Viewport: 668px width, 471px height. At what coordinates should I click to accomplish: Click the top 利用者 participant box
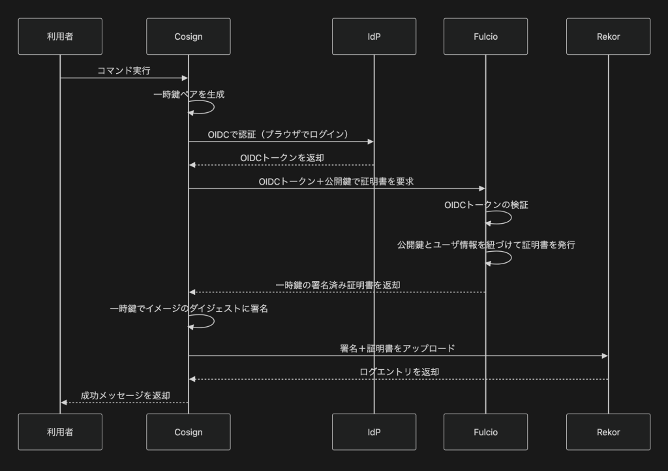pyautogui.click(x=60, y=37)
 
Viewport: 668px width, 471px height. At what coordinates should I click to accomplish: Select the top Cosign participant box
pyautogui.click(x=189, y=37)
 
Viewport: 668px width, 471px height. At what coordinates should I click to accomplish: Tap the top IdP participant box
pyautogui.click(x=374, y=37)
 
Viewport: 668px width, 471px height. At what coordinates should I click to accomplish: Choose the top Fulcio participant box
pyautogui.click(x=485, y=37)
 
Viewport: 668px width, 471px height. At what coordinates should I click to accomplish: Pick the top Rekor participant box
pyautogui.click(x=608, y=37)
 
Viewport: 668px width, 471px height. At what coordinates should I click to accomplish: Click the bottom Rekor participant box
pyautogui.click(x=608, y=432)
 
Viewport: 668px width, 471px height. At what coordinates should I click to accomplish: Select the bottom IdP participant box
pyautogui.click(x=374, y=432)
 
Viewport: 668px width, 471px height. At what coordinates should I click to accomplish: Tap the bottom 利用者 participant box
pyautogui.click(x=60, y=432)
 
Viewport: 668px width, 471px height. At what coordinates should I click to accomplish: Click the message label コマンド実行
pyautogui.click(x=124, y=71)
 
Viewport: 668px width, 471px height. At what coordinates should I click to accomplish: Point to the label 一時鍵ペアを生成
pyautogui.click(x=189, y=95)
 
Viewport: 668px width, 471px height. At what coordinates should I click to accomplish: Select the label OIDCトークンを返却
pyautogui.click(x=282, y=158)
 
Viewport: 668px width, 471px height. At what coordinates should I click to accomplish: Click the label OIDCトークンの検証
pyautogui.click(x=486, y=205)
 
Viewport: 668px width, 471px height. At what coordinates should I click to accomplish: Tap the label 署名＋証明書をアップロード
pyautogui.click(x=397, y=348)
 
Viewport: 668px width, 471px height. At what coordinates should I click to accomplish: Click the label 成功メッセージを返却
pyautogui.click(x=125, y=395)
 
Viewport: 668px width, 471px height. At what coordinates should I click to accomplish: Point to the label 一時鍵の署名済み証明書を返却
pyautogui.click(x=337, y=285)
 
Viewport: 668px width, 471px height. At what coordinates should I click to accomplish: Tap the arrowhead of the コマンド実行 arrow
pyautogui.click(x=185, y=78)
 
